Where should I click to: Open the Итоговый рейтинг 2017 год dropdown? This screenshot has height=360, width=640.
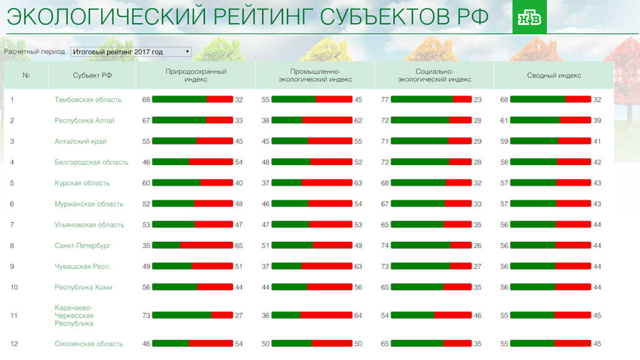(x=131, y=52)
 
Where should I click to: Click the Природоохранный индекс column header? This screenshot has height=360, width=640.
(x=196, y=76)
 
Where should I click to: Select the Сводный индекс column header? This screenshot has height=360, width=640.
(x=554, y=76)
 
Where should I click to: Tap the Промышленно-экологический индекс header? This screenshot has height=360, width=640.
(x=314, y=76)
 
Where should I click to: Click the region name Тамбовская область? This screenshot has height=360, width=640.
(x=88, y=99)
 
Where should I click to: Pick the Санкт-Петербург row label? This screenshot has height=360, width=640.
(x=82, y=246)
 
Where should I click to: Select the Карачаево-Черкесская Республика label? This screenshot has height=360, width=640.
(x=74, y=316)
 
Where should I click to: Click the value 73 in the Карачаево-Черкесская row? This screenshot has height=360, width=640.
(x=146, y=316)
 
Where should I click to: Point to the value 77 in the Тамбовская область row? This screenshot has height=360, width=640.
(x=385, y=99)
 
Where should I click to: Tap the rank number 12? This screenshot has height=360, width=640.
(x=14, y=344)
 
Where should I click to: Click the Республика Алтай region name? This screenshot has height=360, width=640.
(x=84, y=120)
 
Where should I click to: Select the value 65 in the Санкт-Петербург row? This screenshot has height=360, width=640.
(x=239, y=246)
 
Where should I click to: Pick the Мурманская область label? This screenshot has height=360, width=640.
(x=89, y=204)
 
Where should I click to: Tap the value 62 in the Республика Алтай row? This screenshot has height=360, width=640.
(x=358, y=120)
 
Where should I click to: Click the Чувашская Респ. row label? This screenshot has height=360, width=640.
(x=82, y=266)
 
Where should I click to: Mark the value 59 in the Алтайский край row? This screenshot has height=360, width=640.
(x=504, y=141)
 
